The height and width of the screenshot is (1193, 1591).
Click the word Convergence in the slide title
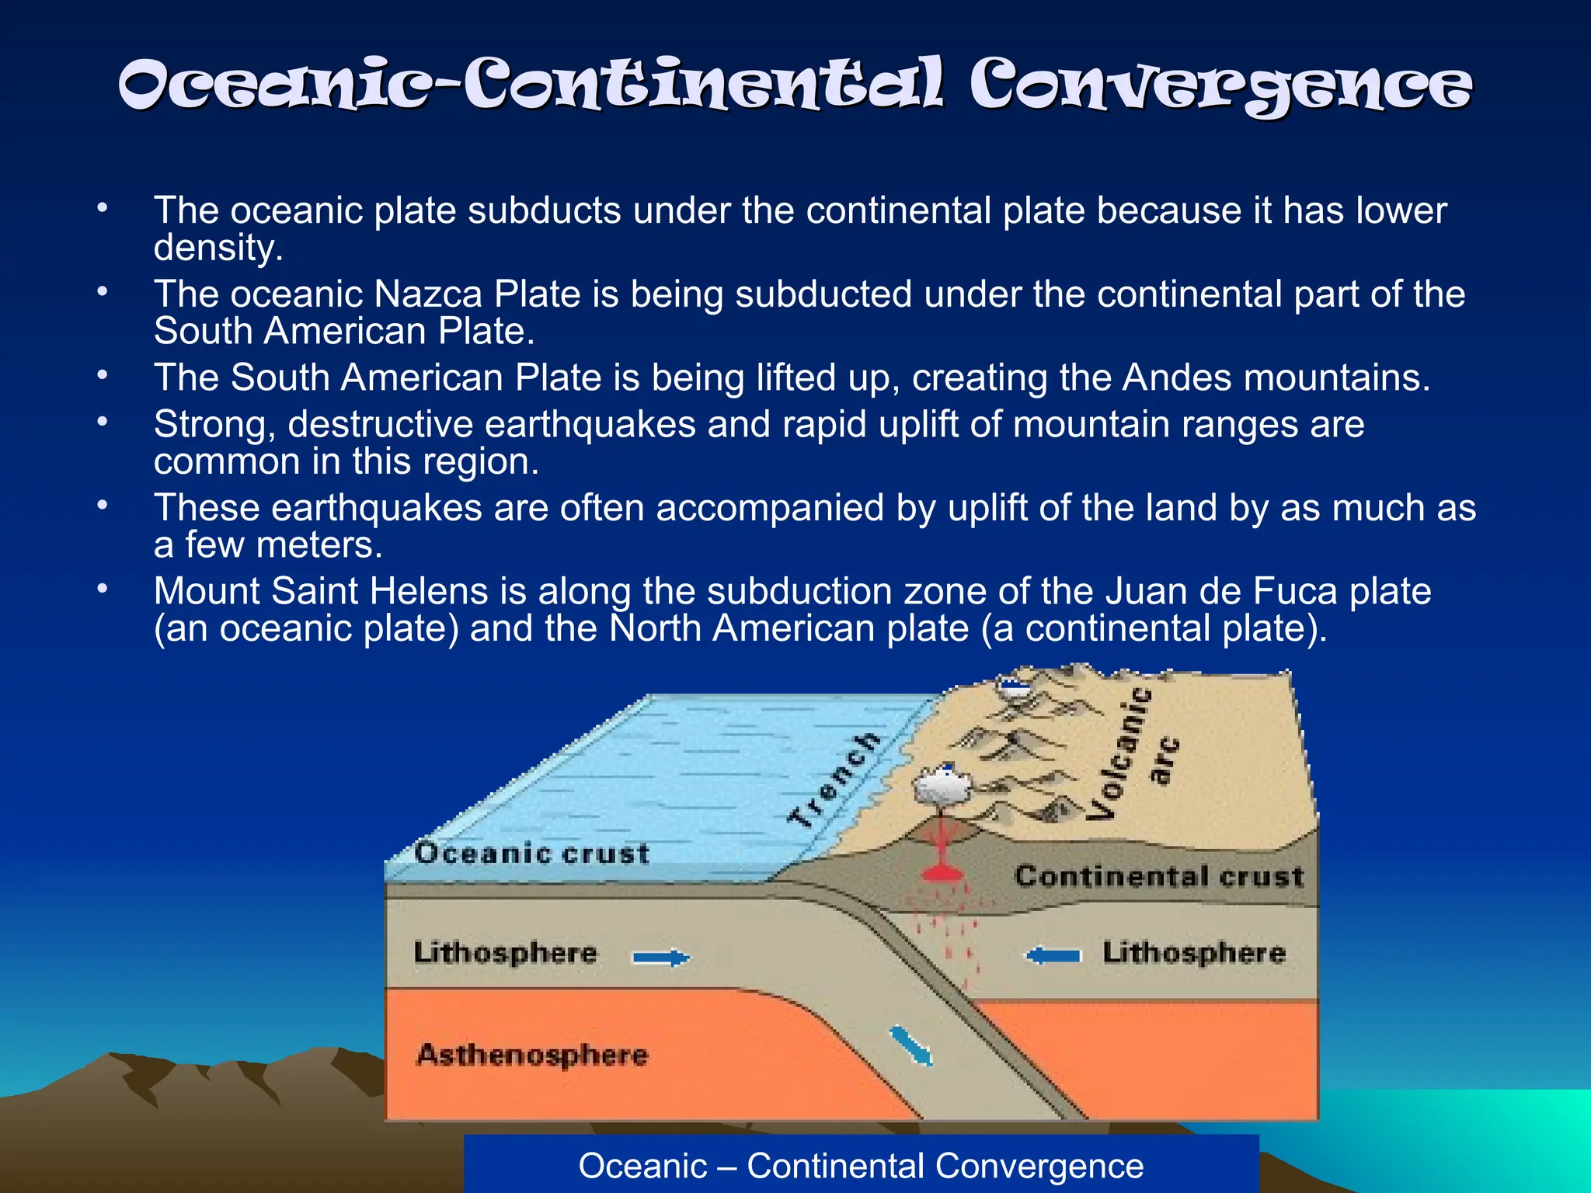[x=1220, y=85]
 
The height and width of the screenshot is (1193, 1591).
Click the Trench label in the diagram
[x=834, y=779]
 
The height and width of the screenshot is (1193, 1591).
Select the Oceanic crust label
[x=531, y=853]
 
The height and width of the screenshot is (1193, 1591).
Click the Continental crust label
[x=1158, y=876]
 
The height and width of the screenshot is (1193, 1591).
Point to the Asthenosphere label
[x=531, y=1055]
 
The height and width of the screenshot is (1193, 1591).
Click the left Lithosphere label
[x=505, y=952]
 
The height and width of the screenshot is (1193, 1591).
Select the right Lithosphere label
[x=1194, y=952]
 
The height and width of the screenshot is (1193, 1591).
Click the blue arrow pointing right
[x=660, y=958]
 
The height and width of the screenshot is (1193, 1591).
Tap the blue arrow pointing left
[x=1053, y=955]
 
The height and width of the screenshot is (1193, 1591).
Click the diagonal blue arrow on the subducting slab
[x=910, y=1045]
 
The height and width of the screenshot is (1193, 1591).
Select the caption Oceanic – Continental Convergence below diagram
[x=861, y=1166]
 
